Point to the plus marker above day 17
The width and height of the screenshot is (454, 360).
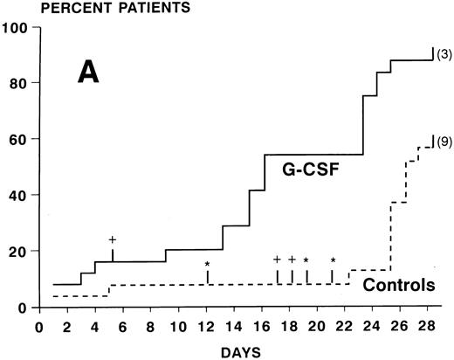click(x=277, y=260)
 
